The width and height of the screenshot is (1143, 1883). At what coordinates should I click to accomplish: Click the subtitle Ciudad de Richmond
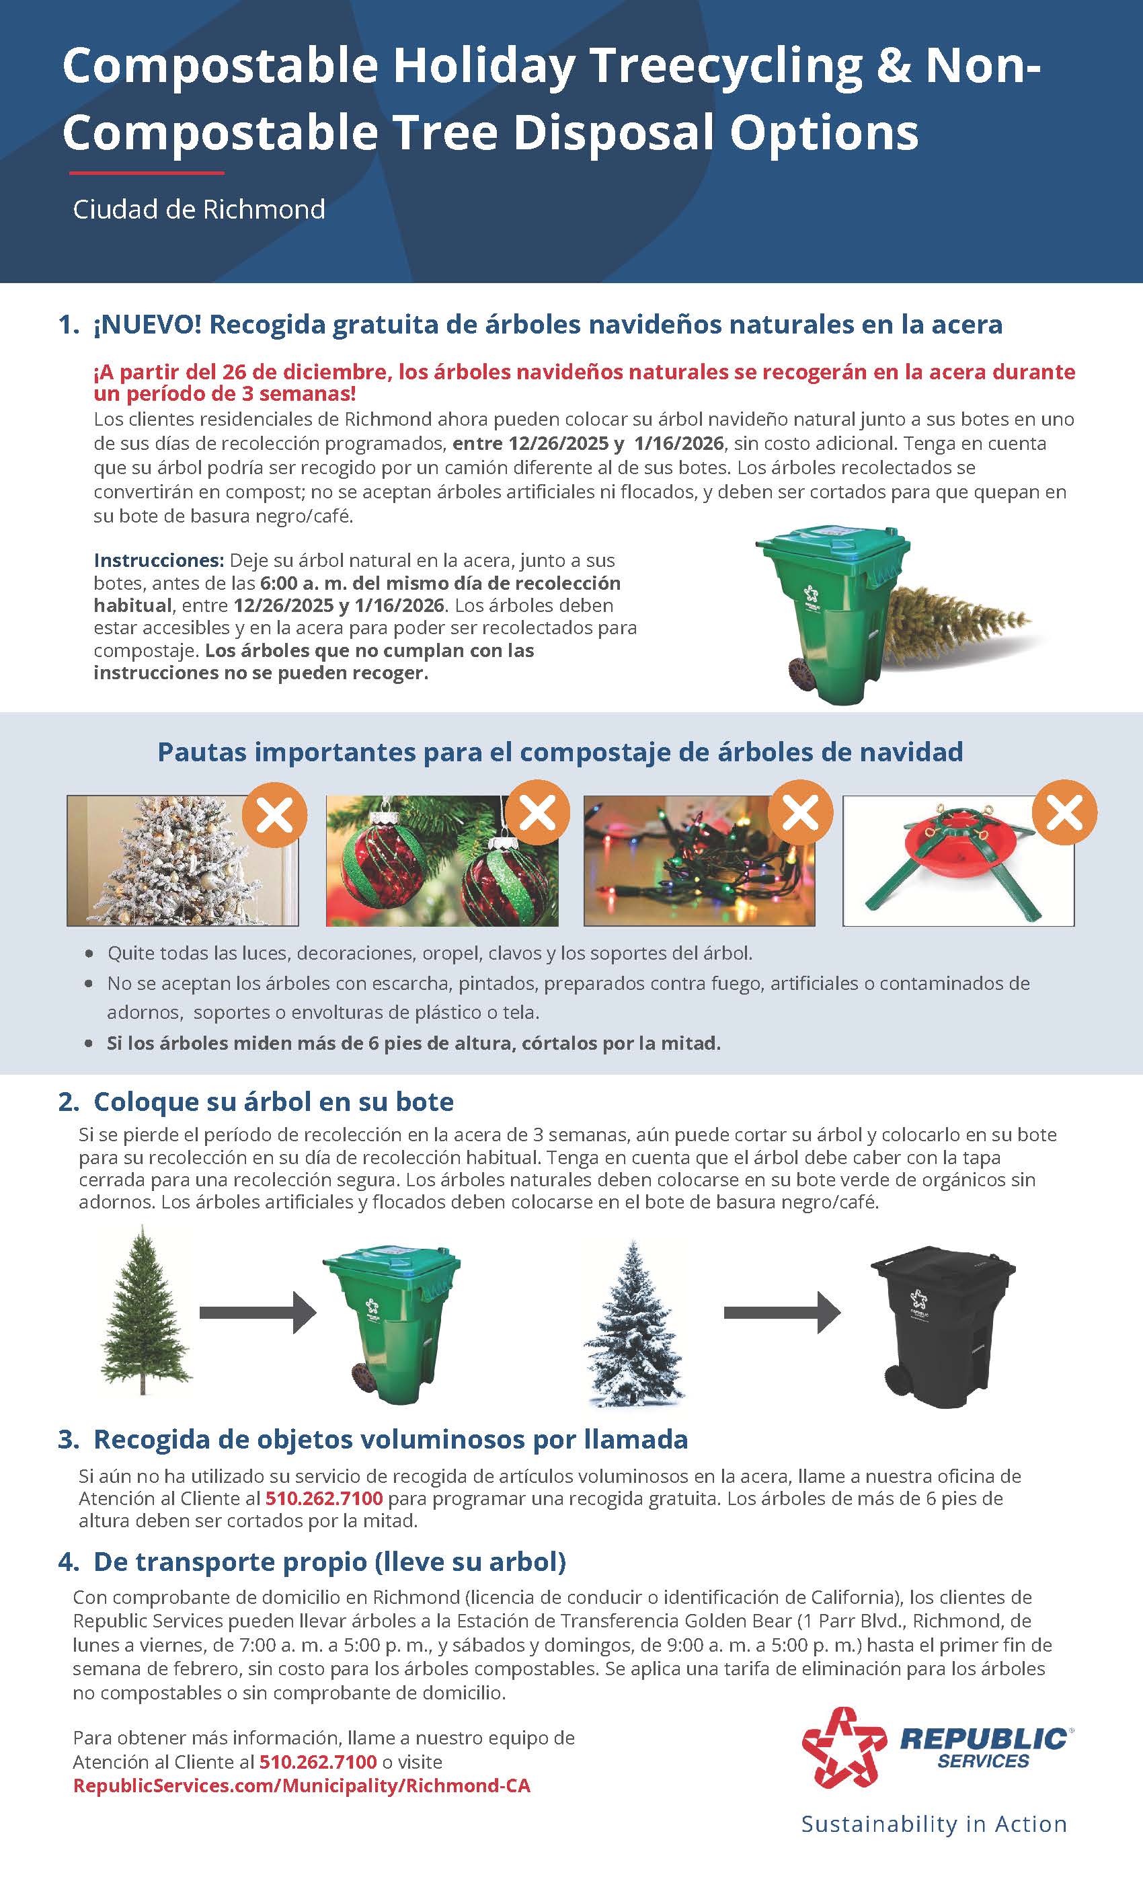[x=198, y=209]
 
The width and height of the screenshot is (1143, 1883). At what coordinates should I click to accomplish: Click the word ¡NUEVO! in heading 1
[x=147, y=325]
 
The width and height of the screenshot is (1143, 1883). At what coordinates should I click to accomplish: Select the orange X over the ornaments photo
[x=538, y=812]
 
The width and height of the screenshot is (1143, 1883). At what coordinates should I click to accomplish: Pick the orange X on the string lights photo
[x=801, y=812]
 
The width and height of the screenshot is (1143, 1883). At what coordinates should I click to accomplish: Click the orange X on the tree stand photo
[x=1064, y=812]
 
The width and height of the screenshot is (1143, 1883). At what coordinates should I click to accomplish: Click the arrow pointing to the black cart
[x=781, y=1313]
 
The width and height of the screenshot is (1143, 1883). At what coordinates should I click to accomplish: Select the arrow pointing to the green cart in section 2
[x=258, y=1313]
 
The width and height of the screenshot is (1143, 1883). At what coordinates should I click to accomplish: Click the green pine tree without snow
[x=144, y=1313]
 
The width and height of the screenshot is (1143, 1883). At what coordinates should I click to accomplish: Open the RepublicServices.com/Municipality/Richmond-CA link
[x=301, y=1786]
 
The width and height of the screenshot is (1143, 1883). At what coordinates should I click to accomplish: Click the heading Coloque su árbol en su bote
[x=273, y=1102]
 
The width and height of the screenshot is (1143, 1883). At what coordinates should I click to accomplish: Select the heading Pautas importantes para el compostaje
[x=559, y=752]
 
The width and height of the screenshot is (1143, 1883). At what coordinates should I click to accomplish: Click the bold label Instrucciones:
[x=158, y=560]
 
